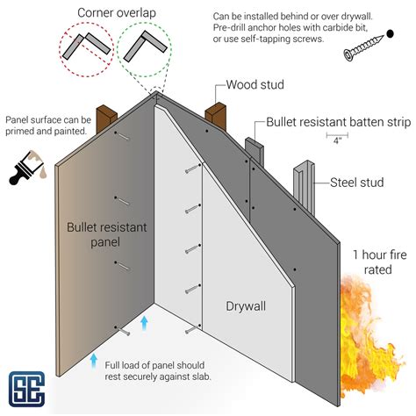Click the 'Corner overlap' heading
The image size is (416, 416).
[x=111, y=12]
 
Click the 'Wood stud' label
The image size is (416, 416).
[x=255, y=86]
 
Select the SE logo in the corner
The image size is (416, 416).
[x=29, y=386]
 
